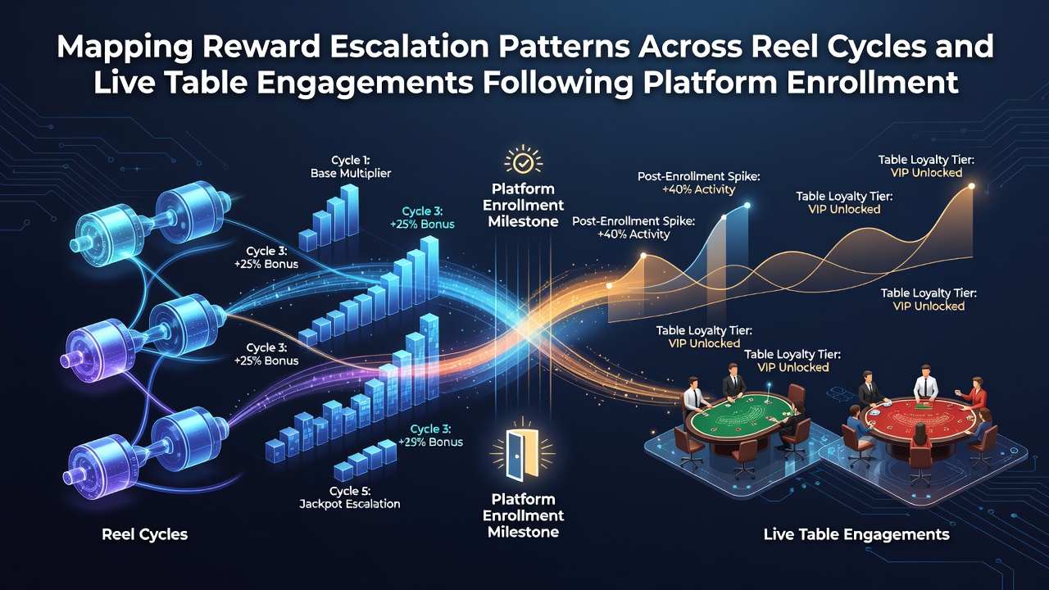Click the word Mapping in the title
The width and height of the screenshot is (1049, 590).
125,48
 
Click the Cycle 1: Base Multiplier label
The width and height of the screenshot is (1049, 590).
351,166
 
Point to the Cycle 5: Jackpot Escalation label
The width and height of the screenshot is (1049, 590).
350,497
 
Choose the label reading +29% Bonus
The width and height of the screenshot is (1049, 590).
430,442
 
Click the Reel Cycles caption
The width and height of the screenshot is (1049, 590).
145,534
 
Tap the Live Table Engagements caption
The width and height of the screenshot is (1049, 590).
856,534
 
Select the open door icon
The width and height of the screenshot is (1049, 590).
522,454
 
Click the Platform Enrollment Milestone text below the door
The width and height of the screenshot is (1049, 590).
523,515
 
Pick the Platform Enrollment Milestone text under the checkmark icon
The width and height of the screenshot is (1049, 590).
523,205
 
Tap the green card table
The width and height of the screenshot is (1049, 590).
739,415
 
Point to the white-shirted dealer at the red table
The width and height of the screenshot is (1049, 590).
926,383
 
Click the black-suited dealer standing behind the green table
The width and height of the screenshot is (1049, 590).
733,381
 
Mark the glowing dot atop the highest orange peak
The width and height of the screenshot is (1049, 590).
972,186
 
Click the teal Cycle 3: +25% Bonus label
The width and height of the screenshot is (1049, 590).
422,218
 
